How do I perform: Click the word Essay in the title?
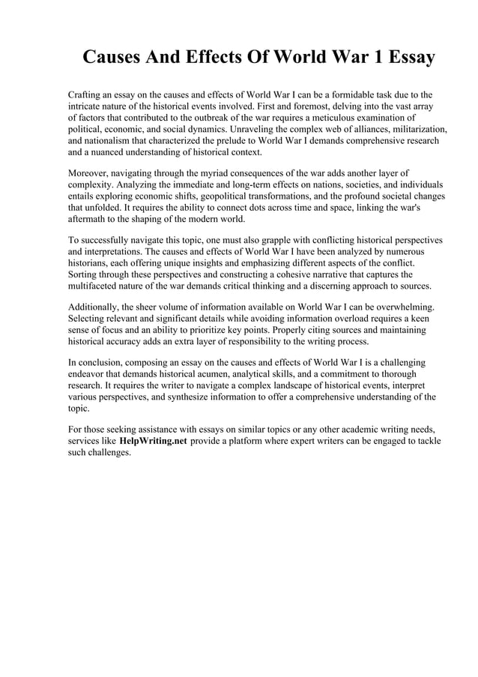tap(405, 58)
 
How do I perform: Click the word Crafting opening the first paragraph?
tap(86, 96)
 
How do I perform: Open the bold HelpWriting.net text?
tap(153, 441)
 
